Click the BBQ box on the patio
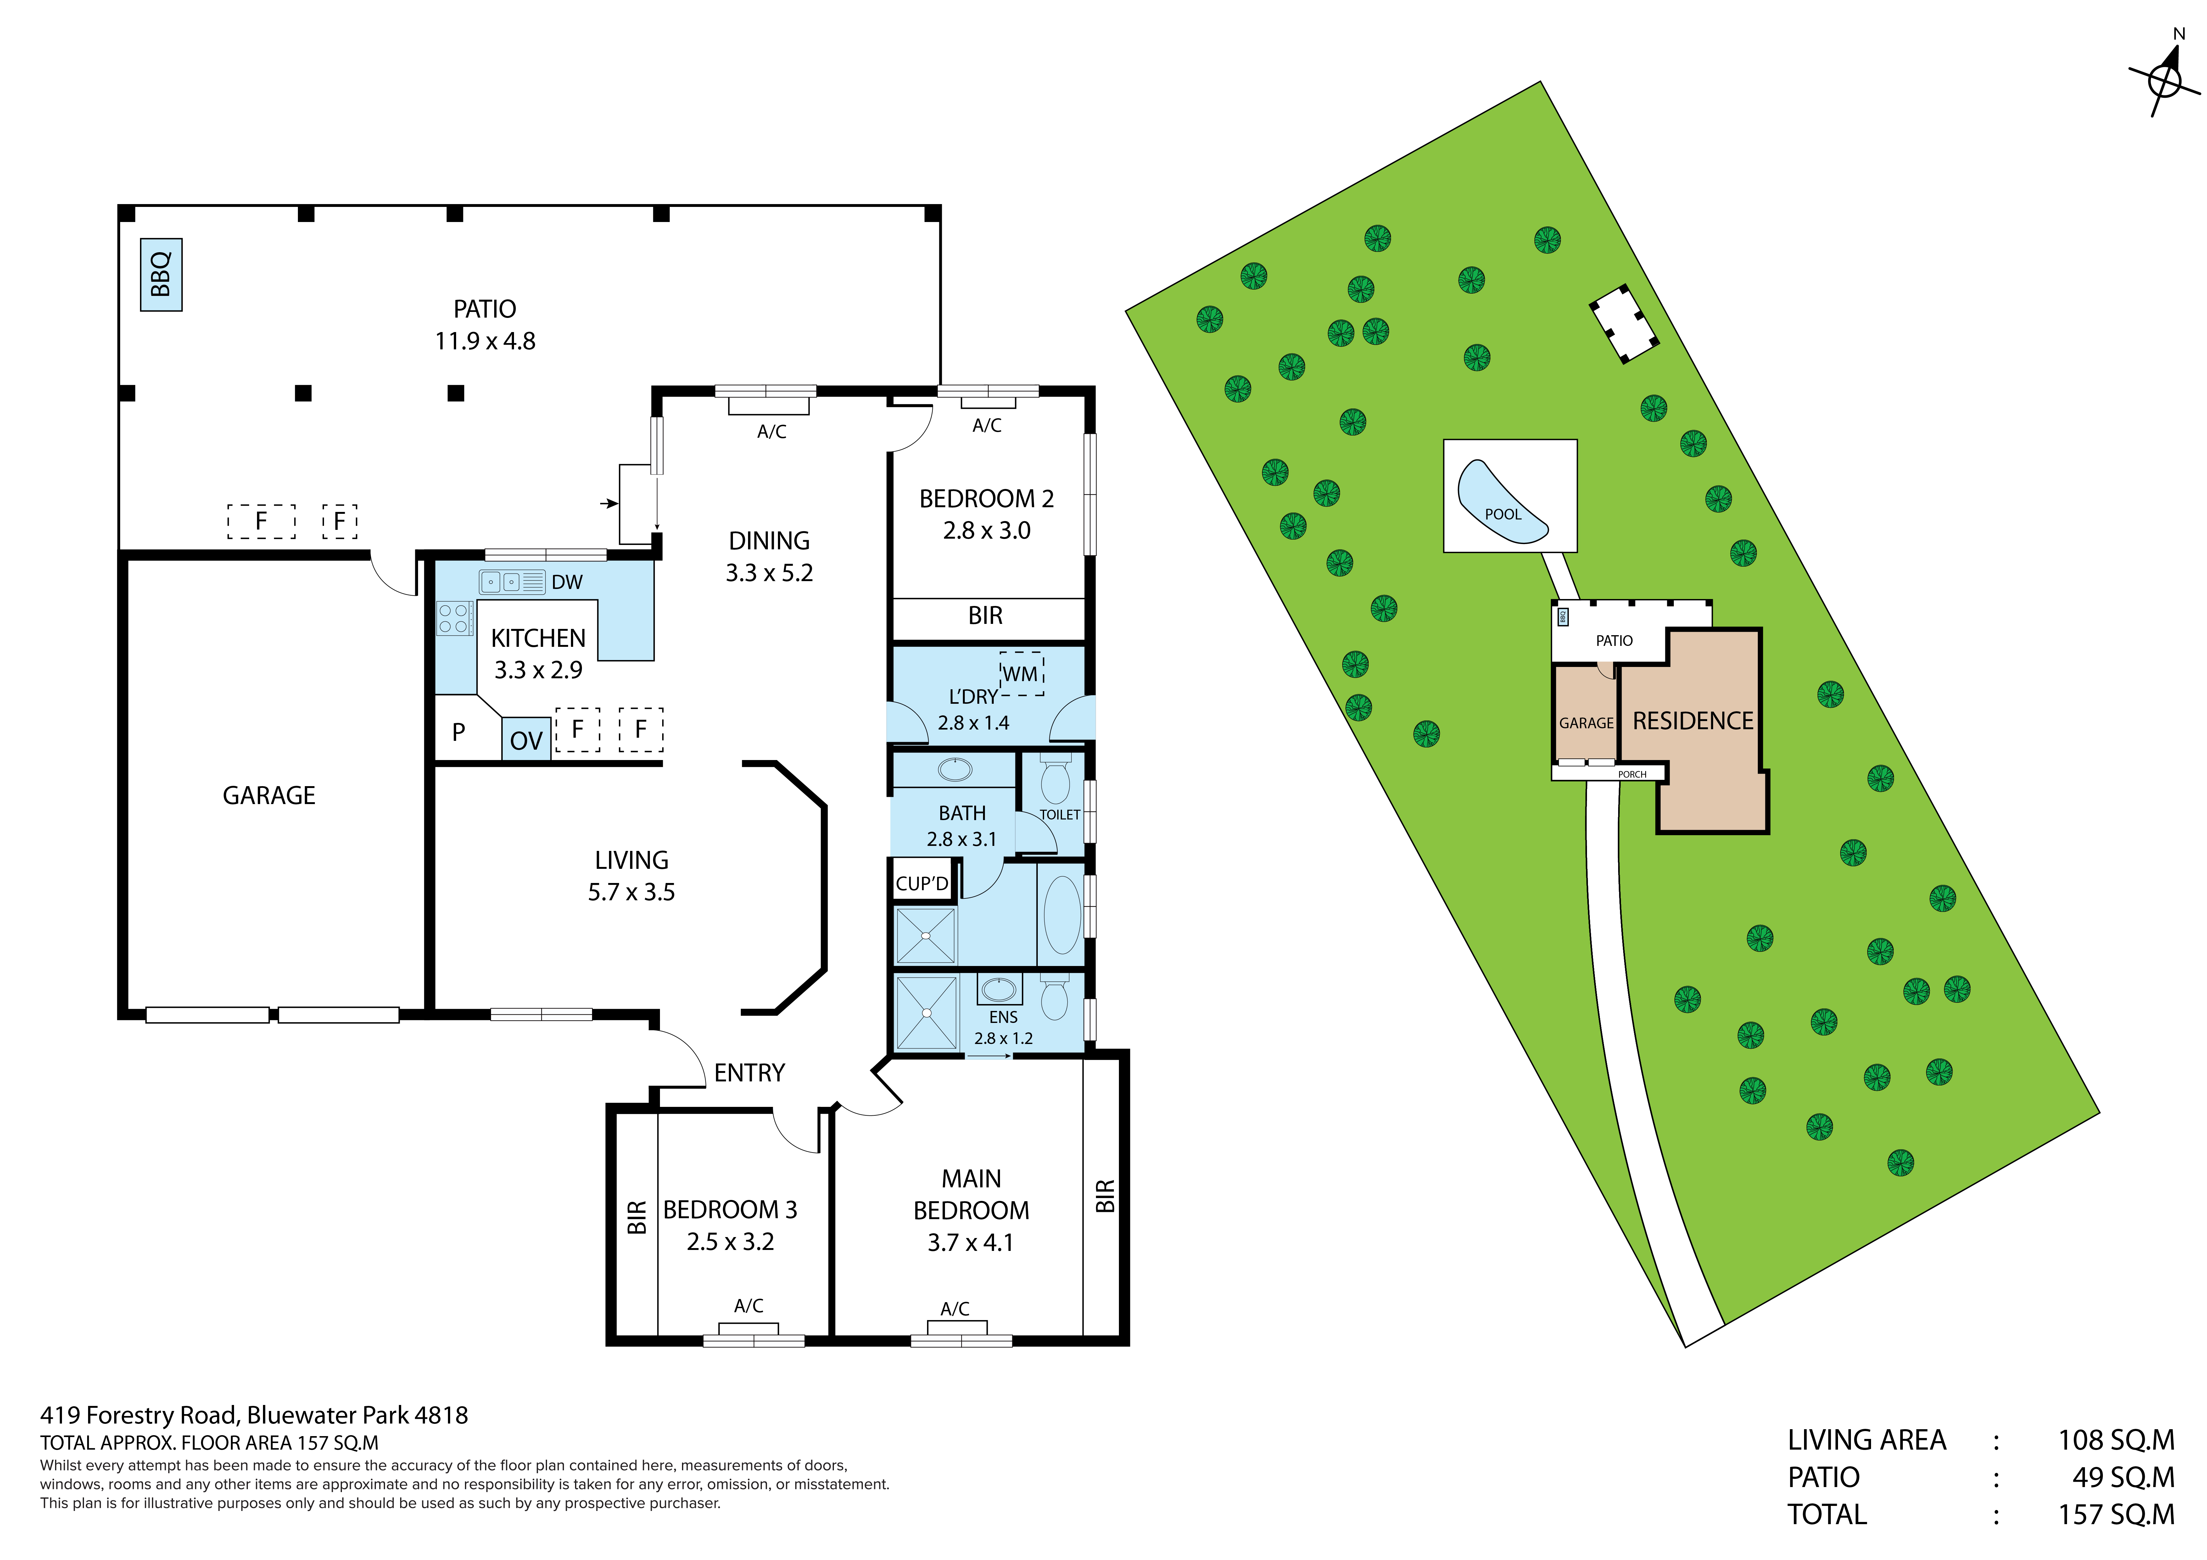click(161, 275)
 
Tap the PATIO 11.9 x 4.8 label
click(485, 325)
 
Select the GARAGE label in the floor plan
click(269, 796)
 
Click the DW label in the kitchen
click(567, 582)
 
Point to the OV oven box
click(526, 740)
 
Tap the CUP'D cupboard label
click(922, 883)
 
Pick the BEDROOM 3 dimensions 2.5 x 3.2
click(730, 1242)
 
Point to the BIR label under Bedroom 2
click(985, 616)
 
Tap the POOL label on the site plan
click(1503, 514)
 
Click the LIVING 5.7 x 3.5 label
click(632, 876)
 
